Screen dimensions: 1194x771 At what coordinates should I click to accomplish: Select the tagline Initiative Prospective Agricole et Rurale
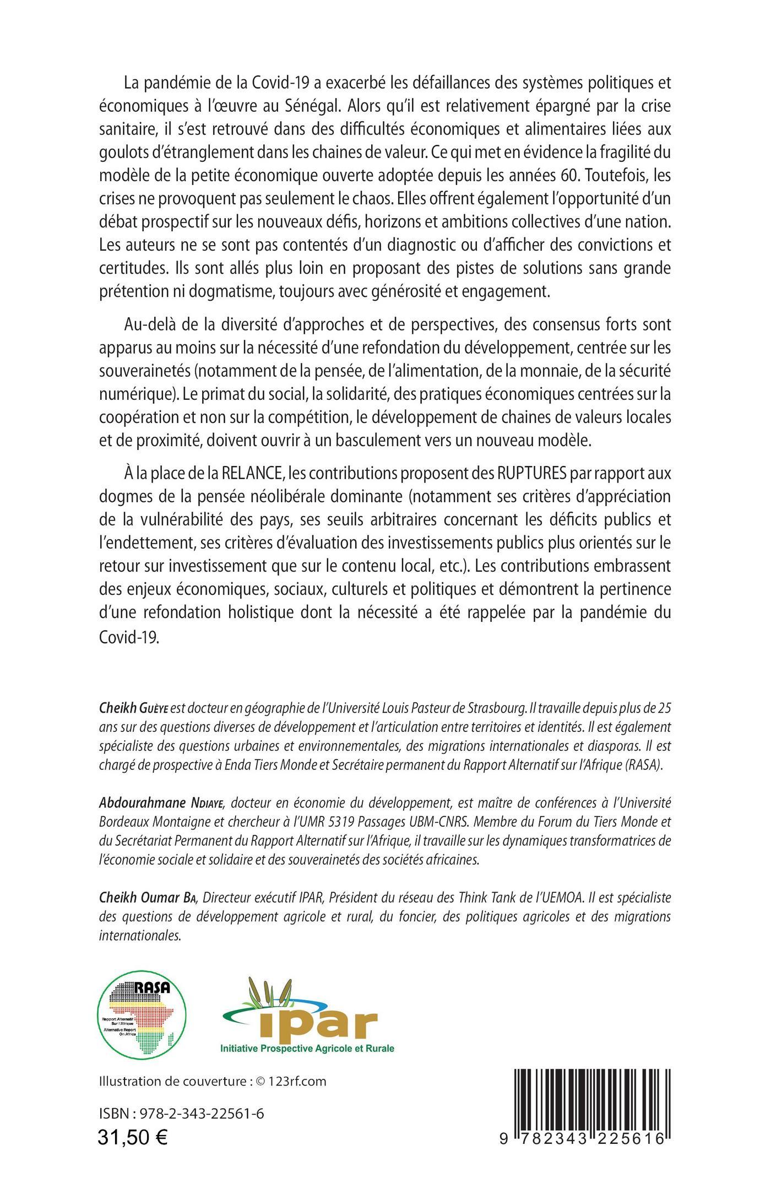[307, 1048]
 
